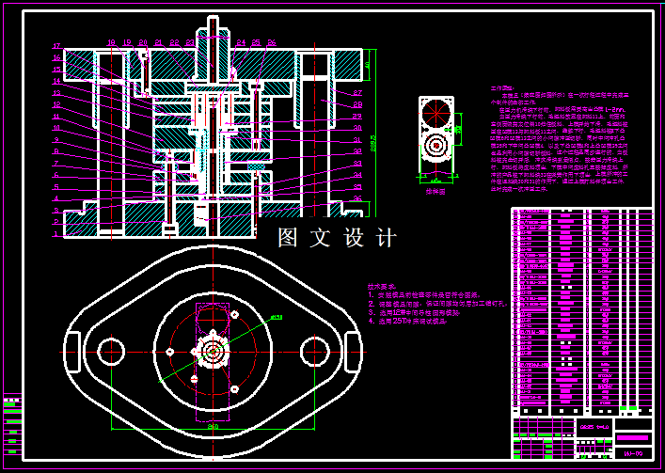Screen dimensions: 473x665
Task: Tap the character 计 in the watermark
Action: pyautogui.click(x=386, y=239)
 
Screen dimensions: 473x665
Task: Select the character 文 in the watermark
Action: pyautogui.click(x=321, y=239)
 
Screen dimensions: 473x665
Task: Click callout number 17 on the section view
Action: pyautogui.click(x=56, y=46)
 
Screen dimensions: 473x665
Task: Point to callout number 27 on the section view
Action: pyautogui.click(x=358, y=93)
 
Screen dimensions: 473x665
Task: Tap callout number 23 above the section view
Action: pyautogui.click(x=189, y=42)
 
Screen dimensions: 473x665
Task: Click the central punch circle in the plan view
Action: pyautogui.click(x=213, y=352)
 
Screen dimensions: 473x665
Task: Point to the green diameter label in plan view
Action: pyautogui.click(x=277, y=317)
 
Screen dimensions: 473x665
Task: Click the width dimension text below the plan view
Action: pyautogui.click(x=213, y=426)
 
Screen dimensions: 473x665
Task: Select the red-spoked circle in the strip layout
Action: pyautogui.click(x=435, y=147)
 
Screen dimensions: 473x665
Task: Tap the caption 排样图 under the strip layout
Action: pyautogui.click(x=435, y=191)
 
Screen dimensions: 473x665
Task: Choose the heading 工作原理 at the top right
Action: pyautogui.click(x=501, y=88)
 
